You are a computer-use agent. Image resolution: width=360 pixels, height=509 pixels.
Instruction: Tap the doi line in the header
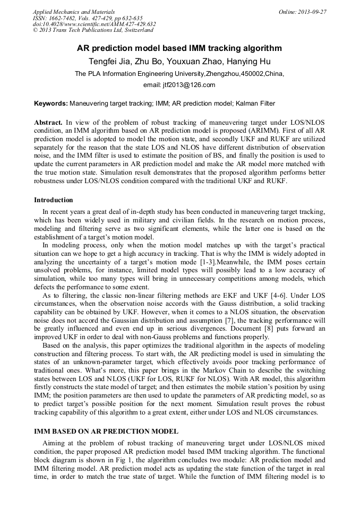94,24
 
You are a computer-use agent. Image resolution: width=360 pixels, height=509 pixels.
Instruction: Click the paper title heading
179,48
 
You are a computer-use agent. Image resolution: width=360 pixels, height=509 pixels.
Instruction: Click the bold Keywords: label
51,103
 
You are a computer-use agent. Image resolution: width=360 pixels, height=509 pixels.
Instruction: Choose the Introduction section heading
54,200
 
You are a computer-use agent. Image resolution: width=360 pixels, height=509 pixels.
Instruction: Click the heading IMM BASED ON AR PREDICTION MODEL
106,432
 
